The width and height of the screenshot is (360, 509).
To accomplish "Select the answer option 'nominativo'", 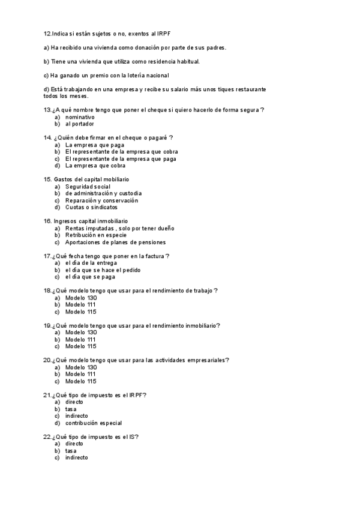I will pos(80,117).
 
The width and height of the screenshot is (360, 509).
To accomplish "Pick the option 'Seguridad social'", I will pos(88,187).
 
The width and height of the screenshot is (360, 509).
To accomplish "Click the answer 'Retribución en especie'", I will pos(96,235).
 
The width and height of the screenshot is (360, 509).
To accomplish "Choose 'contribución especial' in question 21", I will pos(94,423).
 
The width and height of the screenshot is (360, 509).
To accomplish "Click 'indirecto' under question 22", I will pos(76,457).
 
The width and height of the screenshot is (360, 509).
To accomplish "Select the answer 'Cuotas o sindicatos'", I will pos(91,207).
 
